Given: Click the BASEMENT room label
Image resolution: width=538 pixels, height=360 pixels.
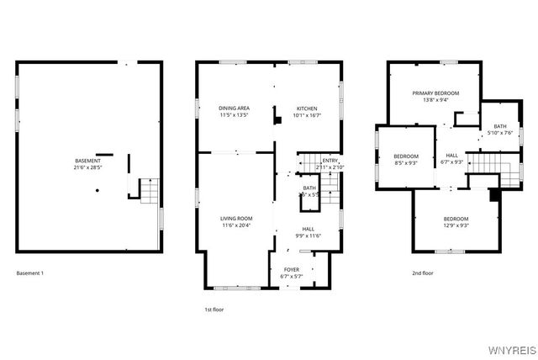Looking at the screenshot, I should [88, 161].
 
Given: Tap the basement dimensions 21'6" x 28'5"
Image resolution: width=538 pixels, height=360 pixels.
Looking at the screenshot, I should [88, 167].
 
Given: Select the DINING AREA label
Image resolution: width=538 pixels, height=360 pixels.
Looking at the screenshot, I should [234, 108].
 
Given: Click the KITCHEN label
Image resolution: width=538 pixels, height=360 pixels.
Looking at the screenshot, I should [305, 108].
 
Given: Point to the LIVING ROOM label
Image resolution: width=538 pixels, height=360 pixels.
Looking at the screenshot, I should [236, 219].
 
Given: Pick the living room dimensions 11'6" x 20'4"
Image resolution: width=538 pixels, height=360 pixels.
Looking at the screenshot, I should [236, 225].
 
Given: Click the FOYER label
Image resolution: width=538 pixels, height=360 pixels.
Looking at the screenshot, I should [292, 270].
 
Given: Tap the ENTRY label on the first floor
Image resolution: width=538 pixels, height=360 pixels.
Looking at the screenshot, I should [330, 161].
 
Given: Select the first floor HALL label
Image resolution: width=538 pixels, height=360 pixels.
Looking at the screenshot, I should [309, 229].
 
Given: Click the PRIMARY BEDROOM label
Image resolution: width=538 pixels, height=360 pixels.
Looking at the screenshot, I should [435, 93].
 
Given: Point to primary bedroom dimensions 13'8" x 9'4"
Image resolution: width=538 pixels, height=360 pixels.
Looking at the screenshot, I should [435, 99].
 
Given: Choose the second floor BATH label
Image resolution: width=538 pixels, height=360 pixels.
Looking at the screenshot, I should [500, 126].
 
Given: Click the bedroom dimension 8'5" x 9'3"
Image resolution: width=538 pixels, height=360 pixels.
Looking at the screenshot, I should [406, 163].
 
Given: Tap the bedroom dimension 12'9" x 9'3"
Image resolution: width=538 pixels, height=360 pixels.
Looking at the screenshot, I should [456, 225].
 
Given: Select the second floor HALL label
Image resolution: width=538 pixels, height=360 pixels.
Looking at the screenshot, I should [452, 155].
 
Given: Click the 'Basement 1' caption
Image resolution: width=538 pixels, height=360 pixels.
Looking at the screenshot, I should [30, 273].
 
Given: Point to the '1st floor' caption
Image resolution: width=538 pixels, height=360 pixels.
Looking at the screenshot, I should [215, 310].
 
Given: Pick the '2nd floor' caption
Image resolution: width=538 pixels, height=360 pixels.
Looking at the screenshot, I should [422, 273].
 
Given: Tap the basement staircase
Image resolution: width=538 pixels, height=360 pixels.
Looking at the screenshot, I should [147, 191].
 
